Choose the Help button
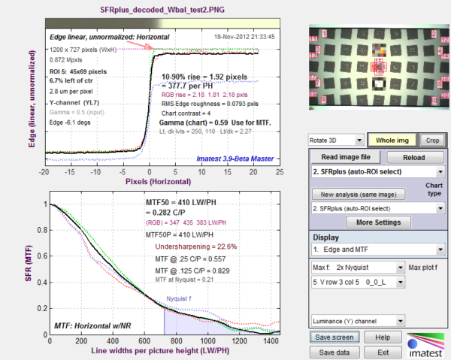point(383,337)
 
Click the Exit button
point(383,352)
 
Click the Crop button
point(431,141)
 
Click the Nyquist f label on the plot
point(180,298)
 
